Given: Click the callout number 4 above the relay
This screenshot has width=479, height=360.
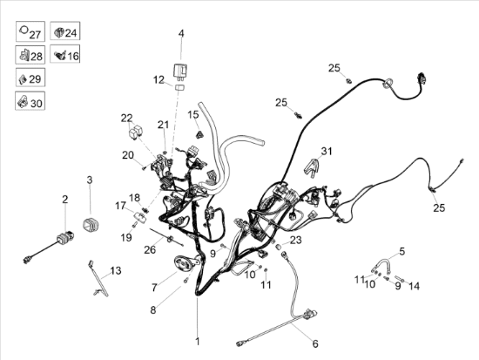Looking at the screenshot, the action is click(x=181, y=33).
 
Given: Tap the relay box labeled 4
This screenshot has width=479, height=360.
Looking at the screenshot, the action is click(x=180, y=71).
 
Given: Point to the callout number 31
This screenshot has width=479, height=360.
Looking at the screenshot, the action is click(x=327, y=151).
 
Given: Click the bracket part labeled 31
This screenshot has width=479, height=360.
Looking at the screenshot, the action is click(x=312, y=167).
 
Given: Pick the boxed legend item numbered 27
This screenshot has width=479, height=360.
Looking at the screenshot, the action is click(x=30, y=31).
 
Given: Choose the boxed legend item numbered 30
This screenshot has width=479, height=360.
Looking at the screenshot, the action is click(x=30, y=100).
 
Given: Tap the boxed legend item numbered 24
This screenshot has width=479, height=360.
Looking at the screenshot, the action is click(x=65, y=31).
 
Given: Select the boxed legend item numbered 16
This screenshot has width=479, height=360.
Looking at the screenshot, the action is click(x=65, y=54).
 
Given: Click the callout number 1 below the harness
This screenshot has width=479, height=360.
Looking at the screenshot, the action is click(x=198, y=342).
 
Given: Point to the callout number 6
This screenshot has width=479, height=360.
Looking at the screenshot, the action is click(x=315, y=343).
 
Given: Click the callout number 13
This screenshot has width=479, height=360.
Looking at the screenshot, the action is click(x=116, y=271).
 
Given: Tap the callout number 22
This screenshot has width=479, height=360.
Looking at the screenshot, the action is click(x=127, y=118).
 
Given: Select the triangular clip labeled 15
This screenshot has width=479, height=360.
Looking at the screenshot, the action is click(x=199, y=134).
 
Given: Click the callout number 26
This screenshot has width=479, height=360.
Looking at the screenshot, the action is click(x=150, y=250).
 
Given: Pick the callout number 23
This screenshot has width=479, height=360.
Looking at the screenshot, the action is click(x=296, y=240).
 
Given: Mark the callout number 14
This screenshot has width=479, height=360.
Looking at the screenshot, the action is click(x=415, y=286).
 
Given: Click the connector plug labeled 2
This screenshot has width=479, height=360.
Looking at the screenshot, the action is click(x=65, y=236).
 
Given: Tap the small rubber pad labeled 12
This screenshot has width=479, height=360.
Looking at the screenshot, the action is click(x=180, y=87).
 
